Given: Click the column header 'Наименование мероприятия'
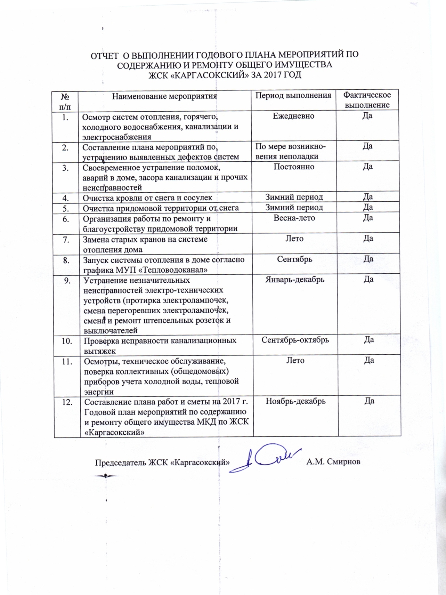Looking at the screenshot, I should [x=164, y=96].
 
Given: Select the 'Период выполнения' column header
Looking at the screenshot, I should [x=293, y=95].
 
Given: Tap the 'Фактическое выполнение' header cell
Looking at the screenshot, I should [x=367, y=100].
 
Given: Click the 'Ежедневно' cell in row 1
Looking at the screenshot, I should [x=293, y=116].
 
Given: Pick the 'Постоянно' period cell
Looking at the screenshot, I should [x=294, y=167].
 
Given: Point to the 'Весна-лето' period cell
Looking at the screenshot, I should [x=294, y=218].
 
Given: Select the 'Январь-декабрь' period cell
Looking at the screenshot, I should [x=295, y=279].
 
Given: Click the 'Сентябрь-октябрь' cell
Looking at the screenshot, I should [x=295, y=340].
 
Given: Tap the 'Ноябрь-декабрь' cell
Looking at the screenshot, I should [x=295, y=401].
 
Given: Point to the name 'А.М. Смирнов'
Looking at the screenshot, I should [x=333, y=462].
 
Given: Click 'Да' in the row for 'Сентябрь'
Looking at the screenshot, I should [x=368, y=259].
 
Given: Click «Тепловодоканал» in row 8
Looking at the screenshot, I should [x=172, y=270].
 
